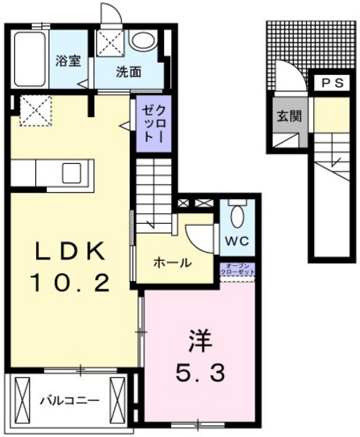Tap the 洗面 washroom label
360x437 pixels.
(x=129, y=73)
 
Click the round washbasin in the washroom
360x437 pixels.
(x=142, y=41)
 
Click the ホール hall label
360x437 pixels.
(x=172, y=263)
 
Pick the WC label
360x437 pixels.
(x=237, y=241)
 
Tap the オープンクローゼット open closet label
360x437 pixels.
(x=237, y=269)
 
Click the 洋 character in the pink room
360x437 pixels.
(x=198, y=340)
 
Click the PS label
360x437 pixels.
(x=328, y=83)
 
